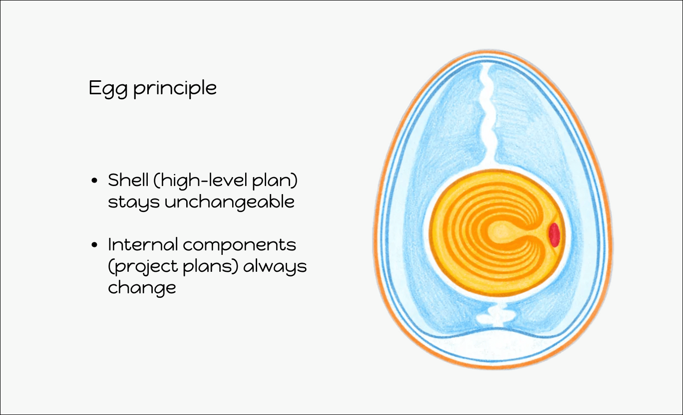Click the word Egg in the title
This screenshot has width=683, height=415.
(108, 89)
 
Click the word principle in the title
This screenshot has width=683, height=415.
(175, 88)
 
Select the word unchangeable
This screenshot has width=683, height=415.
(230, 202)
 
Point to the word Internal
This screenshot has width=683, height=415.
(143, 244)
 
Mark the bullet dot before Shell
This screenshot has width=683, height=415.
(94, 181)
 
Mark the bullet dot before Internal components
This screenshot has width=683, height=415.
(94, 245)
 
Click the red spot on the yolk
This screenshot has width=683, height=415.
(554, 234)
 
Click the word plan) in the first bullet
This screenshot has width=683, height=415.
(275, 181)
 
